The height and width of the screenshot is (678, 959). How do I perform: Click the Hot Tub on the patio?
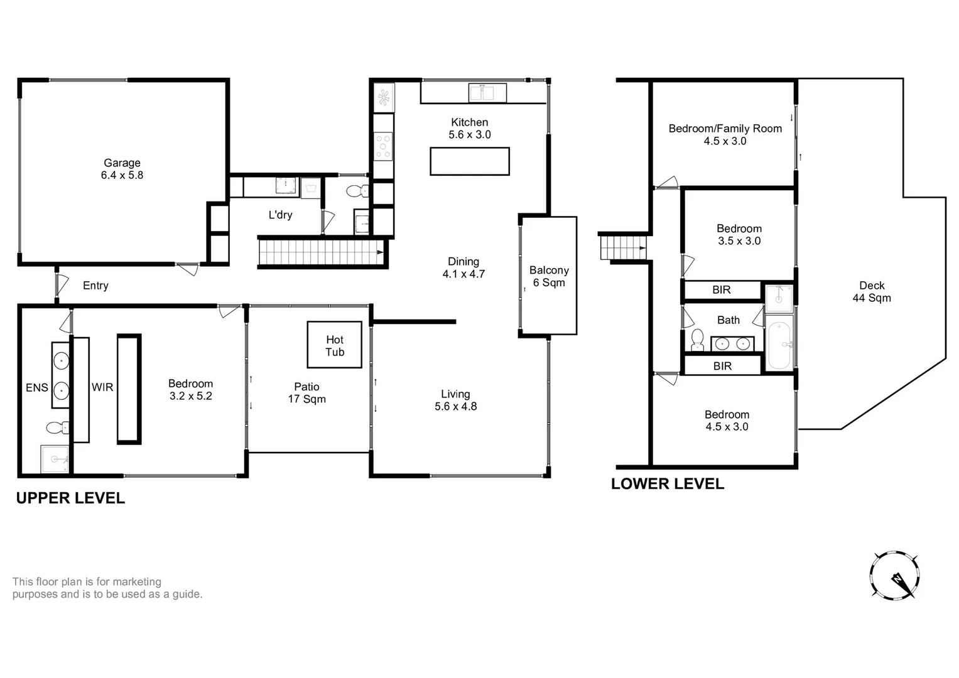click(x=334, y=345)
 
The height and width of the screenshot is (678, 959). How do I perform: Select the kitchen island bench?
click(x=469, y=161)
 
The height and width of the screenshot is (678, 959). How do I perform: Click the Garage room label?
click(x=122, y=163)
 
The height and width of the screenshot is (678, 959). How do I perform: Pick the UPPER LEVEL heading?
click(x=70, y=498)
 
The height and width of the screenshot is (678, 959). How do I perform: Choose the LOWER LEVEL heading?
click(x=668, y=484)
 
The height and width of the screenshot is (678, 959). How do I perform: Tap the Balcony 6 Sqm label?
click(x=549, y=276)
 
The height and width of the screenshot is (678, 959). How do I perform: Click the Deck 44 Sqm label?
click(x=872, y=292)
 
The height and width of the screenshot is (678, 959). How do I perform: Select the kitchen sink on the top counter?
click(x=487, y=93)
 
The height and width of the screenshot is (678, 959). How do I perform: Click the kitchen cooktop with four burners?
click(x=383, y=146)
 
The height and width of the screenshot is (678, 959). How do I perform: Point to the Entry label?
click(x=95, y=286)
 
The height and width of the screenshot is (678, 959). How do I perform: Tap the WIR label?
click(x=102, y=387)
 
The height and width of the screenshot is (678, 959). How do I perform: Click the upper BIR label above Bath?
click(x=722, y=290)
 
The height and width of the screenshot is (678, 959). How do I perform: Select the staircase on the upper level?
click(x=320, y=253)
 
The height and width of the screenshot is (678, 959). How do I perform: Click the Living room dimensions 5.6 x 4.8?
click(x=455, y=406)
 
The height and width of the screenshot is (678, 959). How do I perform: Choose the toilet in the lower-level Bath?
click(x=697, y=340)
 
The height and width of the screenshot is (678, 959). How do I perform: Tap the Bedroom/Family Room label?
click(x=725, y=129)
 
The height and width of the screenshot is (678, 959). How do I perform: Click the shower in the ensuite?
click(x=55, y=459)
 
